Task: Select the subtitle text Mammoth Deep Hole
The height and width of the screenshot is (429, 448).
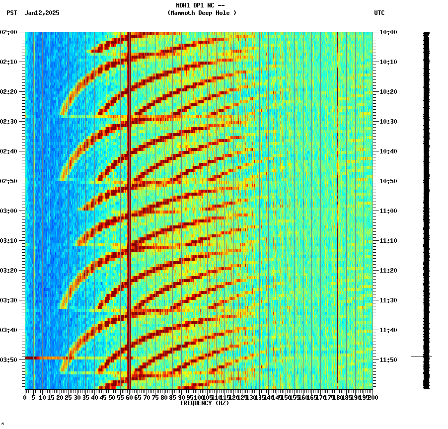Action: pyautogui.click(x=202, y=13)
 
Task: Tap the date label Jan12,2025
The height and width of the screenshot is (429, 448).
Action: pyautogui.click(x=42, y=13)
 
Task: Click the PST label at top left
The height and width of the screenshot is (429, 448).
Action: pyautogui.click(x=11, y=13)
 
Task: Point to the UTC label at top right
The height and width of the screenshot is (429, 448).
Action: pyautogui.click(x=379, y=13)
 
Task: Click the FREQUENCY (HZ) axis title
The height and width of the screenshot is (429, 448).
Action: pyautogui.click(x=204, y=403)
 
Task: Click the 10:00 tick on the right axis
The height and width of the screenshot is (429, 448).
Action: pyautogui.click(x=388, y=32)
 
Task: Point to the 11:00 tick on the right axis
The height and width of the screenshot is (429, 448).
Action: pyautogui.click(x=388, y=211)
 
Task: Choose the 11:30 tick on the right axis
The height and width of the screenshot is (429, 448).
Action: pyautogui.click(x=388, y=300)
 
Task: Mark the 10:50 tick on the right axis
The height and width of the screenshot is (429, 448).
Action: pyautogui.click(x=388, y=181)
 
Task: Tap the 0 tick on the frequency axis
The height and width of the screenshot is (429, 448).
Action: pyautogui.click(x=25, y=398)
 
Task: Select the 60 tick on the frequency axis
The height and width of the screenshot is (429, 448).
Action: pyautogui.click(x=130, y=398)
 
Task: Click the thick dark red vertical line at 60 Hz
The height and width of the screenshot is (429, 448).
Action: pyautogui.click(x=129, y=199)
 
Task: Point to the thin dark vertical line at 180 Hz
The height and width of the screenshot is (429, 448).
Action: pyautogui.click(x=338, y=199)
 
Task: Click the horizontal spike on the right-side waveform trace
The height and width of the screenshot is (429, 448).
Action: pyautogui.click(x=420, y=357)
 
